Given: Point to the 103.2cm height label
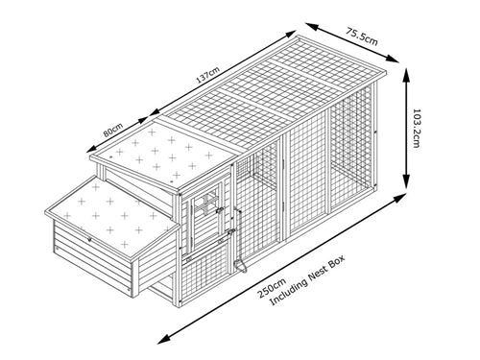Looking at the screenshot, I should pos(416,127).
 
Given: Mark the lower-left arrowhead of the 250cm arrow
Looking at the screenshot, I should pos(162,339).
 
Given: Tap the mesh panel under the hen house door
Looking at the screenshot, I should pos(206,261).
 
